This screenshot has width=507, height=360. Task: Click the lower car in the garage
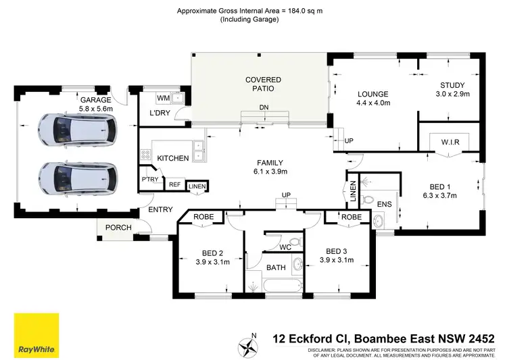pos(77,177)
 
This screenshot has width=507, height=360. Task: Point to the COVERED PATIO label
pos(262,84)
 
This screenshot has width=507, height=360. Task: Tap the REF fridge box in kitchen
pos(174,184)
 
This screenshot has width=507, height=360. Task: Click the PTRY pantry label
pos(149,179)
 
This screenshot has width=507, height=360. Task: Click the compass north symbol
pos(254,345)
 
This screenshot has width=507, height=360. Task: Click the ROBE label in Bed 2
pos(203,217)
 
